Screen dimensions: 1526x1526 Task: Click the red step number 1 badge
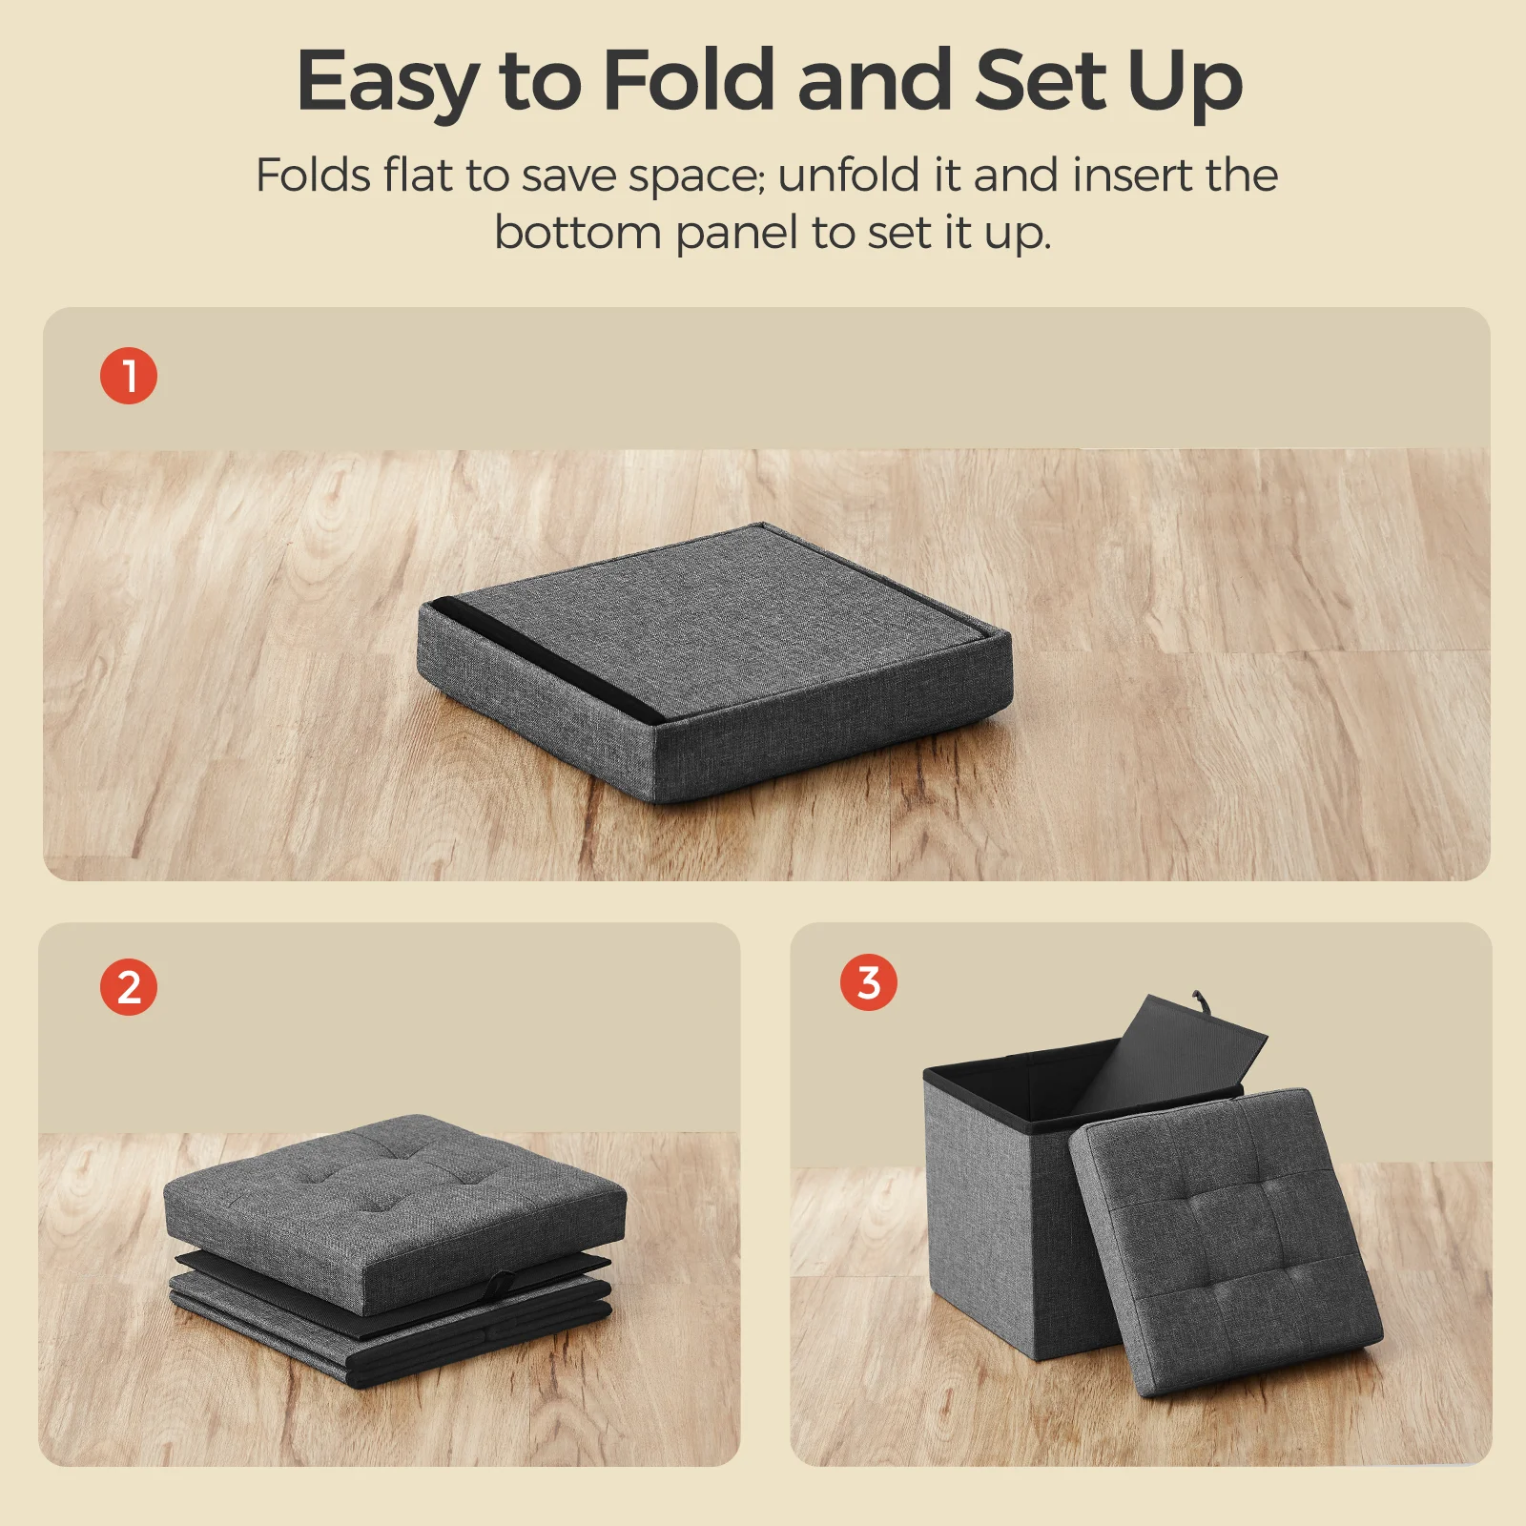[x=129, y=376]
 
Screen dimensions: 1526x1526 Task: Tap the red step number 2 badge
[x=129, y=987]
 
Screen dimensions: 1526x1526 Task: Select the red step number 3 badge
[x=869, y=982]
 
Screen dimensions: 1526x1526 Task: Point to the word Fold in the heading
[x=688, y=80]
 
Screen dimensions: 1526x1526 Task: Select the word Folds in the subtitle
[x=313, y=175]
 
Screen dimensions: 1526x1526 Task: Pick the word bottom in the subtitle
[x=578, y=233]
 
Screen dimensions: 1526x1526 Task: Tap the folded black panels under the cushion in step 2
[x=391, y=1321]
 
